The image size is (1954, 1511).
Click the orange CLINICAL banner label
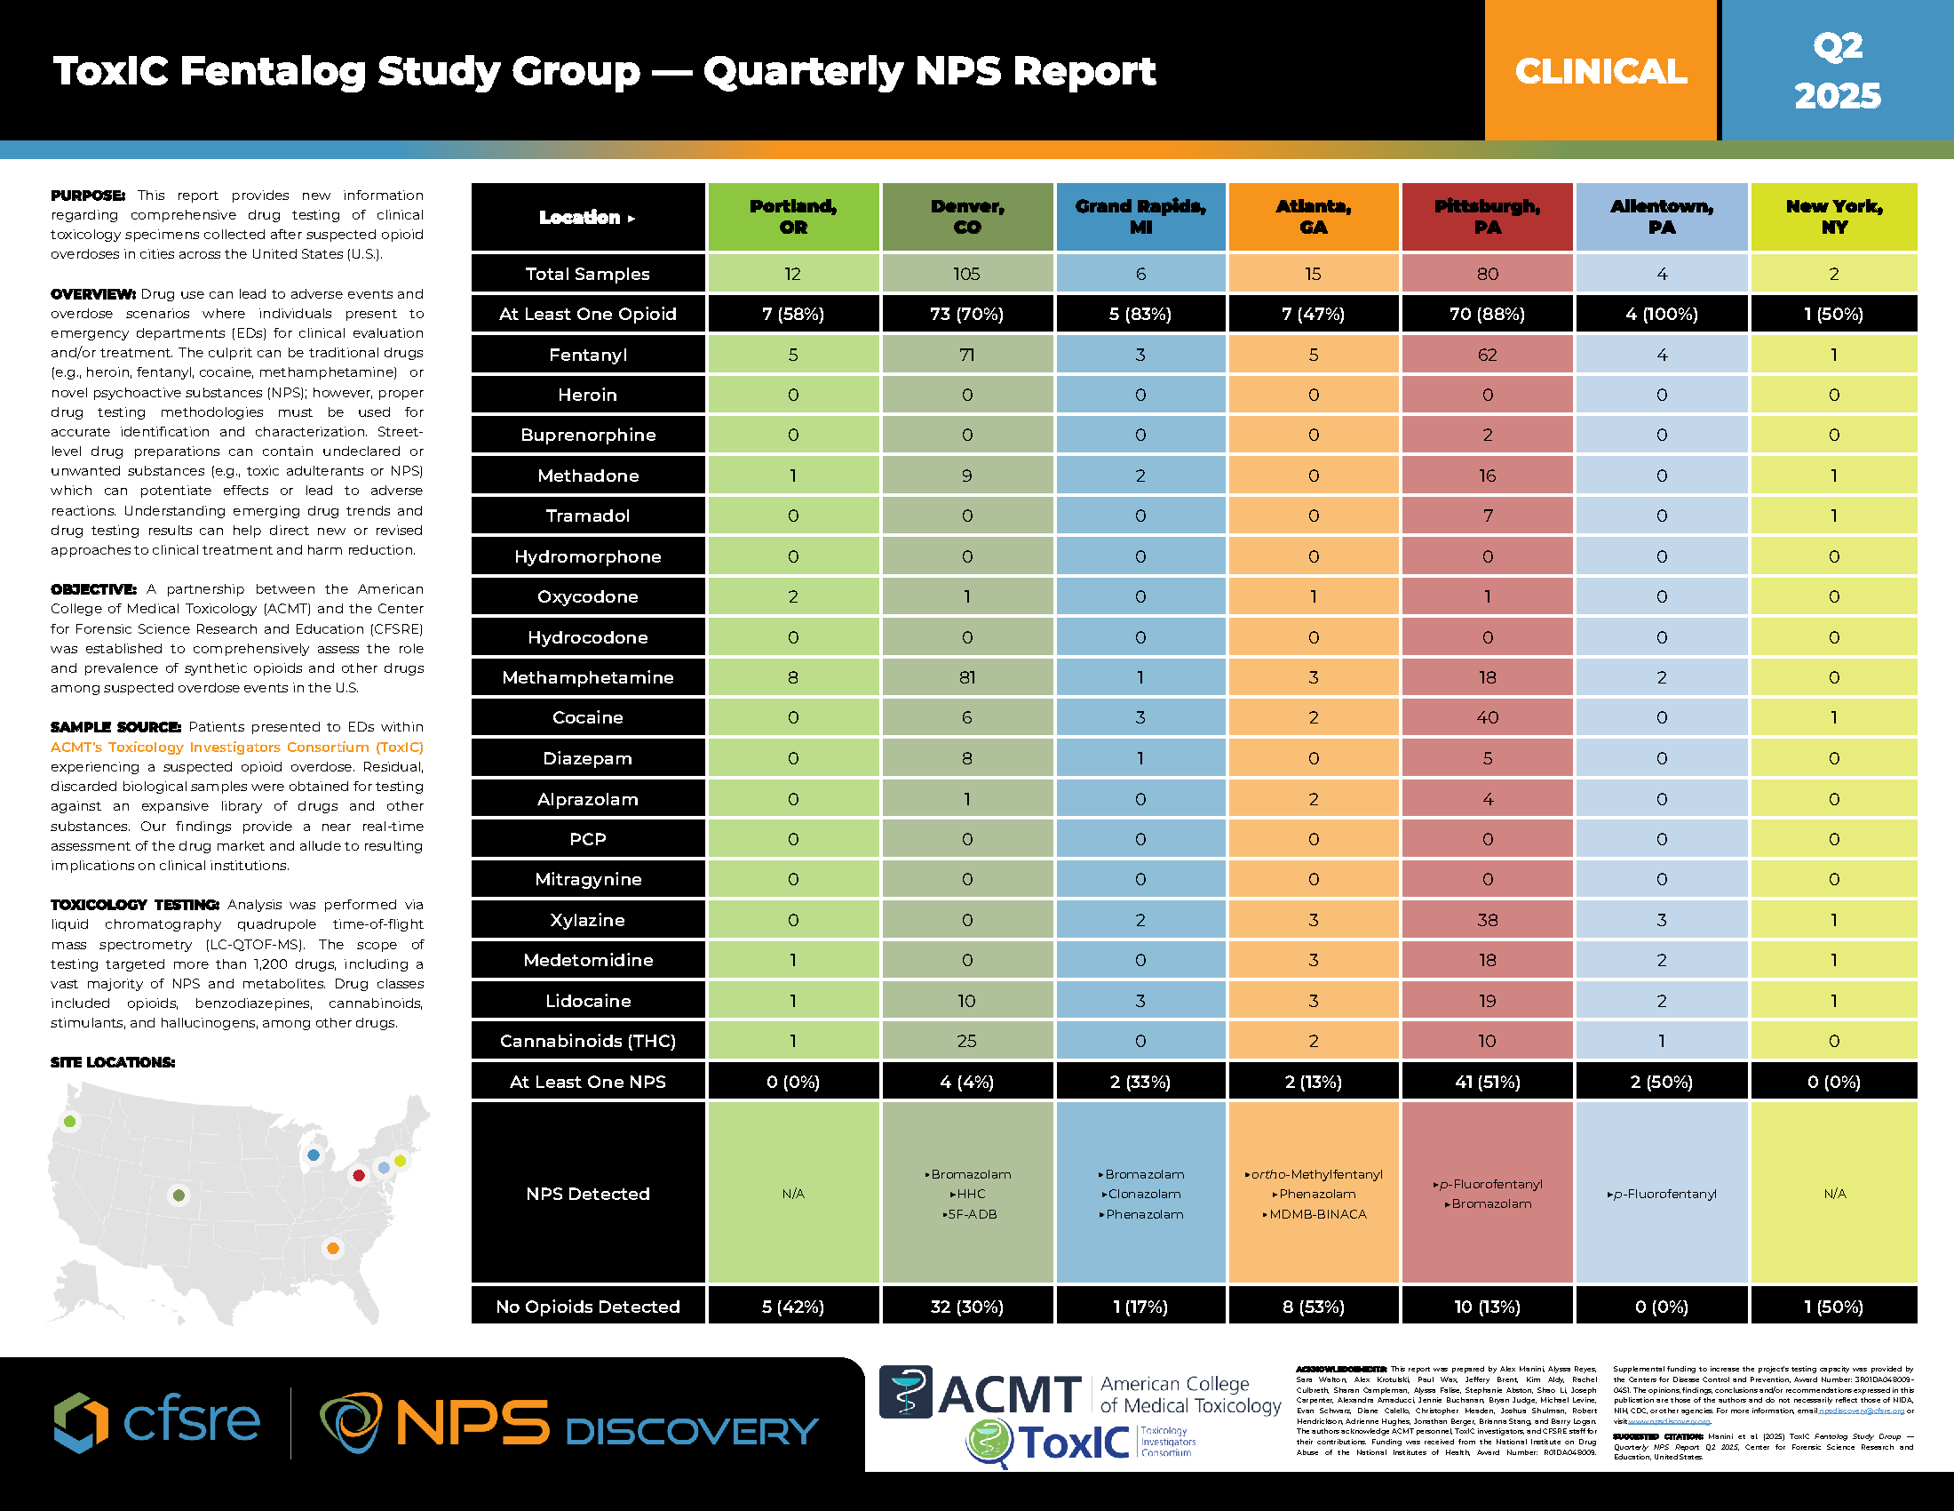(x=1601, y=72)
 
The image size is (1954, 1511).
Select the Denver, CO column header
(x=967, y=217)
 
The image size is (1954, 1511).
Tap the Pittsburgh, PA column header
(x=1487, y=217)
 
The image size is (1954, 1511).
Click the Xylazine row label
(x=588, y=920)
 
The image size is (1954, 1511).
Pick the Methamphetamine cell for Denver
(x=967, y=677)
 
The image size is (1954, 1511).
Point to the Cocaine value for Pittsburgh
(x=1487, y=718)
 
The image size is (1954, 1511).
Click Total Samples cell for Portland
(x=792, y=274)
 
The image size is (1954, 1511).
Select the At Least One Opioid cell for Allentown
(x=1662, y=314)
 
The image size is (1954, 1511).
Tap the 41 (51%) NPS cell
(x=1487, y=1082)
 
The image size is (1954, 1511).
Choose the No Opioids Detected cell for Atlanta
(x=1314, y=1307)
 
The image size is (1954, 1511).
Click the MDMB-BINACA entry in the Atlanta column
(x=1317, y=1215)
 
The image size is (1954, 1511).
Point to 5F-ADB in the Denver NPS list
(x=971, y=1215)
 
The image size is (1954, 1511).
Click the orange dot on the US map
(x=333, y=1248)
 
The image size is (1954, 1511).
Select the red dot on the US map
(x=359, y=1175)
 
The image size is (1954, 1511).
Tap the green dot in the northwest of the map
(x=70, y=1121)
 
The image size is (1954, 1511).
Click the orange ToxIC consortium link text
(x=237, y=748)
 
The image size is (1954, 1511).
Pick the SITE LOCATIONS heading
(x=113, y=1062)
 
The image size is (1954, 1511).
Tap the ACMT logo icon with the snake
(x=905, y=1392)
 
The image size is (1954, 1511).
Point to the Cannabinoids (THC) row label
(x=588, y=1041)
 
